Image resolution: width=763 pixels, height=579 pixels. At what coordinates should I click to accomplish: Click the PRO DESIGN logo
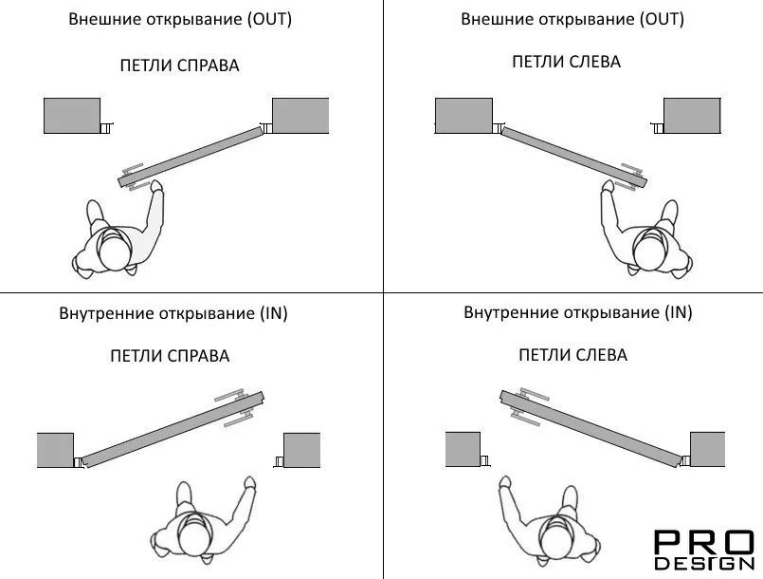(703, 551)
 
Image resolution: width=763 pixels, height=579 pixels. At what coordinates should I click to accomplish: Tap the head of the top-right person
(649, 252)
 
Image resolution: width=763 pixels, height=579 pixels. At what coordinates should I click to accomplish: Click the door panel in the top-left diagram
(191, 158)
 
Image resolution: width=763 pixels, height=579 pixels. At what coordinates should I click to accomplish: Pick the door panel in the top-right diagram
(574, 157)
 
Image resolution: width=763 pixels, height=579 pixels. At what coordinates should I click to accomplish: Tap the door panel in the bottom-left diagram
(173, 429)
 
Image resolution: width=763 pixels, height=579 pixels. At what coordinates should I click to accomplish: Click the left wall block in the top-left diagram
(72, 116)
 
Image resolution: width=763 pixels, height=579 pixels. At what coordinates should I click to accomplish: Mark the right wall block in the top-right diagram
(692, 116)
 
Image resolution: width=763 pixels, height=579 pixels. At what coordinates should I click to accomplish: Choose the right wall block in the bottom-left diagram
(301, 450)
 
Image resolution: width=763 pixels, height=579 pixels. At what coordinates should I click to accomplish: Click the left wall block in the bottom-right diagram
(463, 449)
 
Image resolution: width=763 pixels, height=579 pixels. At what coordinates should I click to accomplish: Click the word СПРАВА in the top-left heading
(208, 65)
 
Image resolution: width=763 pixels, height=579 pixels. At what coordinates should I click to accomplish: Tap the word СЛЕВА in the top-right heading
(594, 62)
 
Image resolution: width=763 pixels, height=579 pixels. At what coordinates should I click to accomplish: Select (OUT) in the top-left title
(269, 19)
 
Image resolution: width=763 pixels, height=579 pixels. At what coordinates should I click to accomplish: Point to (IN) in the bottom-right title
(679, 312)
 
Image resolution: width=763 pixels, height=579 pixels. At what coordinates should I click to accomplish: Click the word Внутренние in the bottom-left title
(106, 313)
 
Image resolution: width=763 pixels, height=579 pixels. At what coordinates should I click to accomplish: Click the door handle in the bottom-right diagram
(526, 406)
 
